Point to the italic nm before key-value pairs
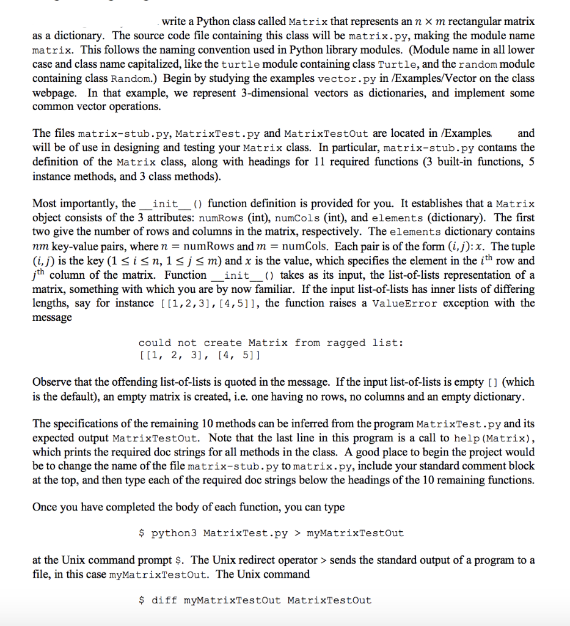pyautogui.click(x=39, y=246)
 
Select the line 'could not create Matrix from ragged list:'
pyautogui.click(x=271, y=342)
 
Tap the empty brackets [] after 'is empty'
pyautogui.click(x=491, y=382)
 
